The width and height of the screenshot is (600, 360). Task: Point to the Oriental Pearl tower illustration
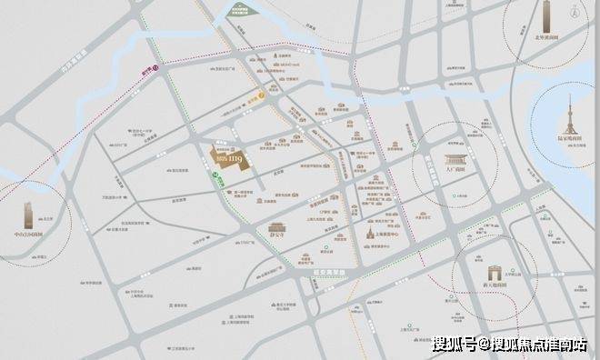click(x=572, y=114)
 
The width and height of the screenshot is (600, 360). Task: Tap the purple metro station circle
click(x=155, y=66)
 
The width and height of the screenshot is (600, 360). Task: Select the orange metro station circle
click(x=262, y=93)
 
